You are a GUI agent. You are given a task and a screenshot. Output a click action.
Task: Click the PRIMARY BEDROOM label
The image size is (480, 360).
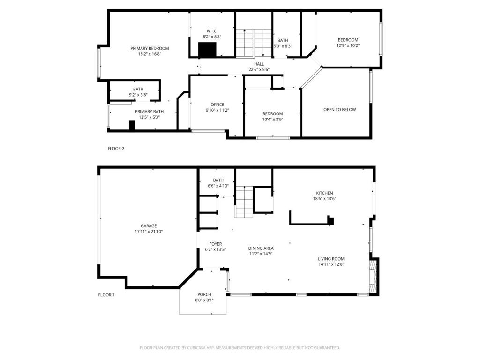150,48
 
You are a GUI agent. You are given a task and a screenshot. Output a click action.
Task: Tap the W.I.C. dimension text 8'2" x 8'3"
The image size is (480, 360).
212,37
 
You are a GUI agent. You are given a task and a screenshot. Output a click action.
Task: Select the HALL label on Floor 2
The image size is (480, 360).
259,64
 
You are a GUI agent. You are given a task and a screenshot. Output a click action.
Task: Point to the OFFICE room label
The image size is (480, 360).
217,105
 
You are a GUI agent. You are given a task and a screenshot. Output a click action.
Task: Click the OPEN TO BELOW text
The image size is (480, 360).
340,110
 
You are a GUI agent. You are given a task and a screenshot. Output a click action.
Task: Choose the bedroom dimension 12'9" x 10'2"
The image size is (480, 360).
348,45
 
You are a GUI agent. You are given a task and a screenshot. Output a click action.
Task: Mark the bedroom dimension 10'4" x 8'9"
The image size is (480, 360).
272,120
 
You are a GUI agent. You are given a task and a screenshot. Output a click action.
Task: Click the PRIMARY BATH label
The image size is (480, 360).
150,112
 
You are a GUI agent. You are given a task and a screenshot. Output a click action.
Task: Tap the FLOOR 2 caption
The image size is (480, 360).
116,149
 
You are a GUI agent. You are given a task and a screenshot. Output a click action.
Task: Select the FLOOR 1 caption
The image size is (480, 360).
106,295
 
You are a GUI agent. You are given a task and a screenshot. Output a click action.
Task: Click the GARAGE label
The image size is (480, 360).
149,226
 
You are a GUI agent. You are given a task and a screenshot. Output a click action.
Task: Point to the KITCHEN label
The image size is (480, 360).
324,193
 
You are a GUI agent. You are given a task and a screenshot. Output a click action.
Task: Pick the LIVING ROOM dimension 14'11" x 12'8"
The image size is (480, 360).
331,264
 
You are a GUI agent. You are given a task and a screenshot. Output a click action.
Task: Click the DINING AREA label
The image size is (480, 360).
261,248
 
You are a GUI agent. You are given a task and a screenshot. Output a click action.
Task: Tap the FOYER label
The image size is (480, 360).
216,244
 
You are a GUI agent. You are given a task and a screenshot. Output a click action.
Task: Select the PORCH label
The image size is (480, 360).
204,295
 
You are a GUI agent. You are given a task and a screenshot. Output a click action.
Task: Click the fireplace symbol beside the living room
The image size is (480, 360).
373,277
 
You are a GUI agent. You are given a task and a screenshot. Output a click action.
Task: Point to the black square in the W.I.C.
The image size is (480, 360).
207,50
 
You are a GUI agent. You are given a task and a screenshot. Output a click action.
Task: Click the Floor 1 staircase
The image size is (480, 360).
244,202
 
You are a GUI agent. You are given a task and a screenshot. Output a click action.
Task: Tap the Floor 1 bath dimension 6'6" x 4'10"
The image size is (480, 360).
218,186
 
